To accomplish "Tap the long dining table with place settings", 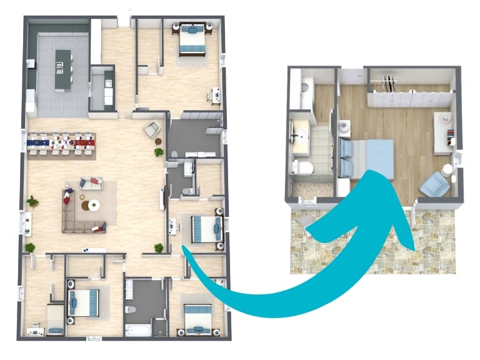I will click(61, 143).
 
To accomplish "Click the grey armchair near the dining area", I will click(151, 129).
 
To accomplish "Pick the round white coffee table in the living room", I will click(94, 204).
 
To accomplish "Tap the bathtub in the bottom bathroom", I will click(137, 329).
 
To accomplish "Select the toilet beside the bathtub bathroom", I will click(129, 309).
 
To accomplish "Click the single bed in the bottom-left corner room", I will click(54, 319).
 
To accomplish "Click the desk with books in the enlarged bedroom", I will click(444, 132).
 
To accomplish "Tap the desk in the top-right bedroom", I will click(215, 94).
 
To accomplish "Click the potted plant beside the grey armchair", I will click(159, 151).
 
